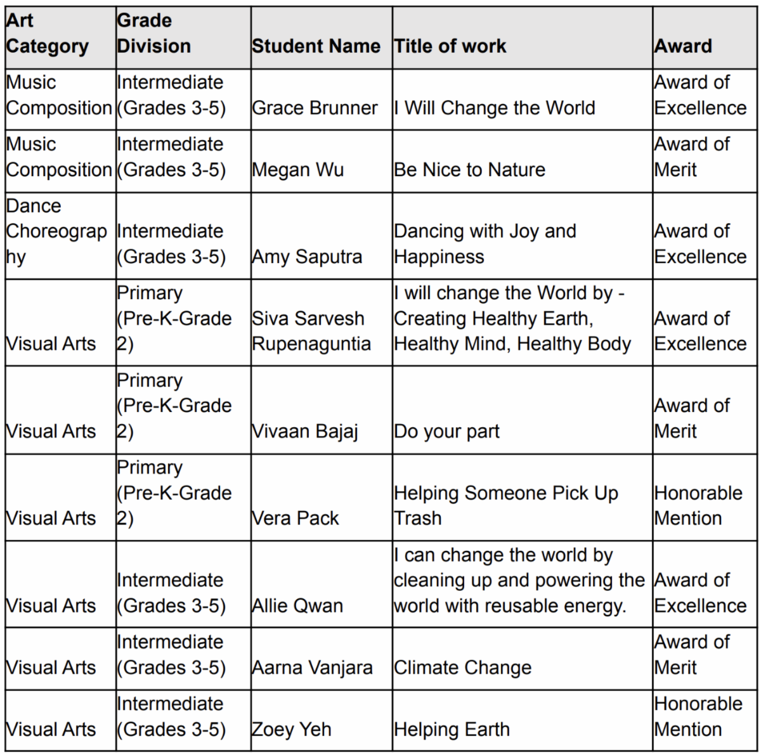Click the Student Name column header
tap(316, 46)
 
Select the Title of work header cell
tap(450, 46)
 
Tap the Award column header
tap(683, 46)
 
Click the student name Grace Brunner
tap(315, 108)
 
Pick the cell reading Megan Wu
tap(297, 170)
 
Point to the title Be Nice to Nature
tap(469, 170)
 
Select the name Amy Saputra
tap(307, 257)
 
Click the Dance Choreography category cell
tap(56, 231)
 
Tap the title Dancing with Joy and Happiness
tap(485, 244)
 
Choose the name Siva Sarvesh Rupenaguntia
tap(311, 331)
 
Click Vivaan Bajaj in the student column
tap(305, 431)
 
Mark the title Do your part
tap(446, 431)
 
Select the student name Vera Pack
tap(296, 518)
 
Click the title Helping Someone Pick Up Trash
tap(505, 505)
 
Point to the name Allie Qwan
tap(297, 605)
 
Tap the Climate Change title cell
tap(462, 668)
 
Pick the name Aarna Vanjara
tap(312, 668)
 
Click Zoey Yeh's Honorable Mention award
tap(698, 716)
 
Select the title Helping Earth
tap(452, 730)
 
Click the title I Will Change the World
tap(495, 108)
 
